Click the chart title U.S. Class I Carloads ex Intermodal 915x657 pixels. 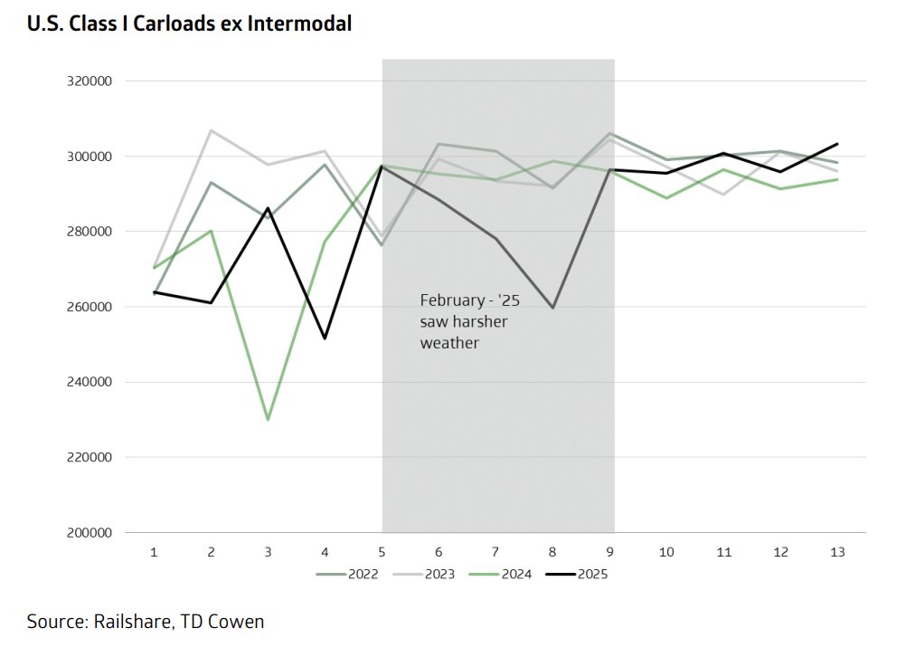pyautogui.click(x=189, y=24)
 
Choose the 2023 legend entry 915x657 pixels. pyautogui.click(x=434, y=573)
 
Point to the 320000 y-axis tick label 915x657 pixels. pyautogui.click(x=90, y=81)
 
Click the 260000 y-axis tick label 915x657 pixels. pyautogui.click(x=90, y=307)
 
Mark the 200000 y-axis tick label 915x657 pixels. pyautogui.click(x=90, y=532)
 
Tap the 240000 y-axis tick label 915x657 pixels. pyautogui.click(x=90, y=382)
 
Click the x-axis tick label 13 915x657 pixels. pyautogui.click(x=837, y=551)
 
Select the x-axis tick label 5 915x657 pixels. pyautogui.click(x=382, y=551)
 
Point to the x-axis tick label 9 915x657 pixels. pyautogui.click(x=610, y=551)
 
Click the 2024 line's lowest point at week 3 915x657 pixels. pyautogui.click(x=269, y=420)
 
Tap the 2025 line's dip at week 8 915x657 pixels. pyautogui.click(x=552, y=308)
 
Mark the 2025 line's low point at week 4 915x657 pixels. pyautogui.click(x=325, y=338)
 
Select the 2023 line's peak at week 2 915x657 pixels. pyautogui.click(x=212, y=130)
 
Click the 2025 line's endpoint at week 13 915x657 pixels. pyautogui.click(x=837, y=144)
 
